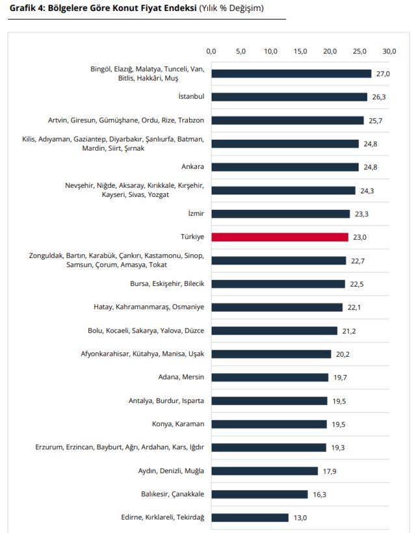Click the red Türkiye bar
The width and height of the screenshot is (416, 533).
279,237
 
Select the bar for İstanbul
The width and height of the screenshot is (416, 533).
289,97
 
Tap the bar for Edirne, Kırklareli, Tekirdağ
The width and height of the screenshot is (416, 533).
250,517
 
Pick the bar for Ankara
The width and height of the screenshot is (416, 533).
285,167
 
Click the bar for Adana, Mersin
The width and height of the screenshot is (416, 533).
270,377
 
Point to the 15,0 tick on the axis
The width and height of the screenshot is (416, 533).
300,51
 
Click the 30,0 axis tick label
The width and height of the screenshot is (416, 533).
389,51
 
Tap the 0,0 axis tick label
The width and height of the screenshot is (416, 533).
211,51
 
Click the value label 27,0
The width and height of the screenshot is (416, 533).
383,73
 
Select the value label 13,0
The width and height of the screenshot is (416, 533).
300,517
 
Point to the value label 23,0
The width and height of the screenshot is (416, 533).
359,237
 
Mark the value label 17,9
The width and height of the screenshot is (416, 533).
330,471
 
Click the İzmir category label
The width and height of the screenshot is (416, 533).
196,213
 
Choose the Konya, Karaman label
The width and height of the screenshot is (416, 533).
178,424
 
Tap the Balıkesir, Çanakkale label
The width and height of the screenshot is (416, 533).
173,494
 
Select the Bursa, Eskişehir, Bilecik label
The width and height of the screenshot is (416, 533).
167,283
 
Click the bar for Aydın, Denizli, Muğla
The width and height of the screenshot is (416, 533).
265,471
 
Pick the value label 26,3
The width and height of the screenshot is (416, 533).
379,97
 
